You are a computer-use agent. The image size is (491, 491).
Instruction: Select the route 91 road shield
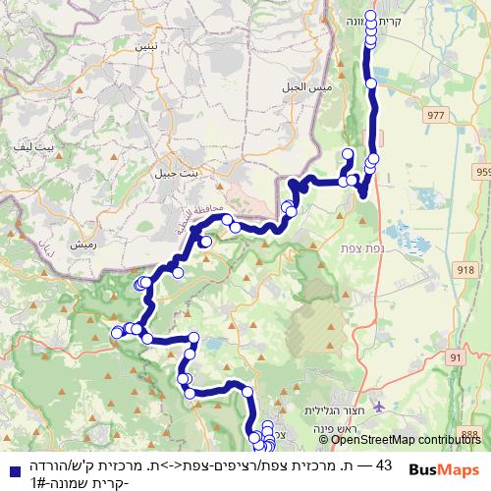click(454, 358)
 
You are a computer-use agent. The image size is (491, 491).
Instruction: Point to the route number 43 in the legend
click(384, 464)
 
